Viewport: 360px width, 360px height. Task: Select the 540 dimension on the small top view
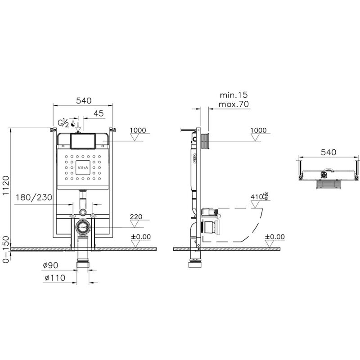[x=328, y=152]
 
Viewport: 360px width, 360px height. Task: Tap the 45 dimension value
[x=99, y=114]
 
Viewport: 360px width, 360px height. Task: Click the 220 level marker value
[x=136, y=216]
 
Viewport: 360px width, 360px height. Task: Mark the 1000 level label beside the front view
[x=138, y=130]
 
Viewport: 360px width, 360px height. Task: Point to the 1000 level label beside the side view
[x=258, y=130]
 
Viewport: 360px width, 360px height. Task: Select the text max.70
[x=234, y=104]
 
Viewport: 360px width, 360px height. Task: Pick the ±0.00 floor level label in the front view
[x=141, y=237]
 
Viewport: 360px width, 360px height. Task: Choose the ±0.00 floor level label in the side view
[x=274, y=237]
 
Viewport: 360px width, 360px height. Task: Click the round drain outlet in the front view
[x=83, y=228]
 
